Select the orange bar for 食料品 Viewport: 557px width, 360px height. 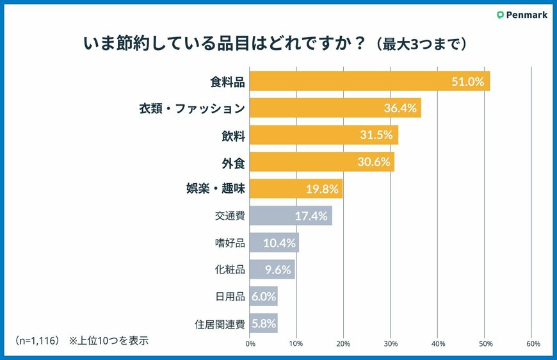369,81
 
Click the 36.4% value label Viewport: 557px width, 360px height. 401,108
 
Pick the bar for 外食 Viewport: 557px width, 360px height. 321,162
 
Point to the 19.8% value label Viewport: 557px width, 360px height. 323,189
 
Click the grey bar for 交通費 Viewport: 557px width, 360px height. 290,216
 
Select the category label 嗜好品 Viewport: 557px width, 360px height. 230,243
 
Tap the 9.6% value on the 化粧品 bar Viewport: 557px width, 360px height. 278,270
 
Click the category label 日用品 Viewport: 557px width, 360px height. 230,297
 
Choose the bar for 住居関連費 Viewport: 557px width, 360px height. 263,323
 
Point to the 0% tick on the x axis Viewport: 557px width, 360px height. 250,343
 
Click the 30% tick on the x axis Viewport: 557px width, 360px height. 391,343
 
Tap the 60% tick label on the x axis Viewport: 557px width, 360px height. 533,343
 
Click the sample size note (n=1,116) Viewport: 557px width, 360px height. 38,340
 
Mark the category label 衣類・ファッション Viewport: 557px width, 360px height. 192,108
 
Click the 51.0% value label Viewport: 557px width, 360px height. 467,81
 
